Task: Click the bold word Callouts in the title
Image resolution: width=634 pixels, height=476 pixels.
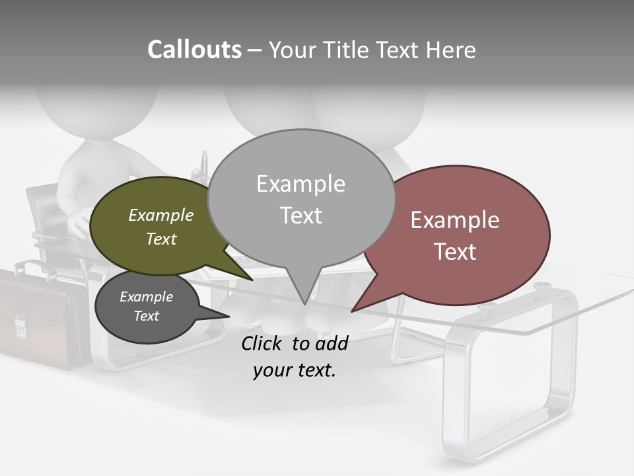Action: [194, 50]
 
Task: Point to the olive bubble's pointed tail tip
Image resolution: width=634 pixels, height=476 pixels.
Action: [253, 280]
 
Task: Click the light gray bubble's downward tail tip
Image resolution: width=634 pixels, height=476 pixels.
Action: [304, 304]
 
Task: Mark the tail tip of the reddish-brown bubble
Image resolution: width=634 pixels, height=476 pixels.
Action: [352, 311]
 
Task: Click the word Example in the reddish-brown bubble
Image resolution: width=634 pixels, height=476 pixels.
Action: [455, 220]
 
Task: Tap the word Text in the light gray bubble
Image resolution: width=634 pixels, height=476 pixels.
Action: [301, 216]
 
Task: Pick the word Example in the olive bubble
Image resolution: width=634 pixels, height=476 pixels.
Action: [161, 216]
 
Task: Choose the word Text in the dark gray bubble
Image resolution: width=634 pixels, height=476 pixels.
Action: [147, 316]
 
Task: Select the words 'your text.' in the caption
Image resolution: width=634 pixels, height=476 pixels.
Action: [295, 370]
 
